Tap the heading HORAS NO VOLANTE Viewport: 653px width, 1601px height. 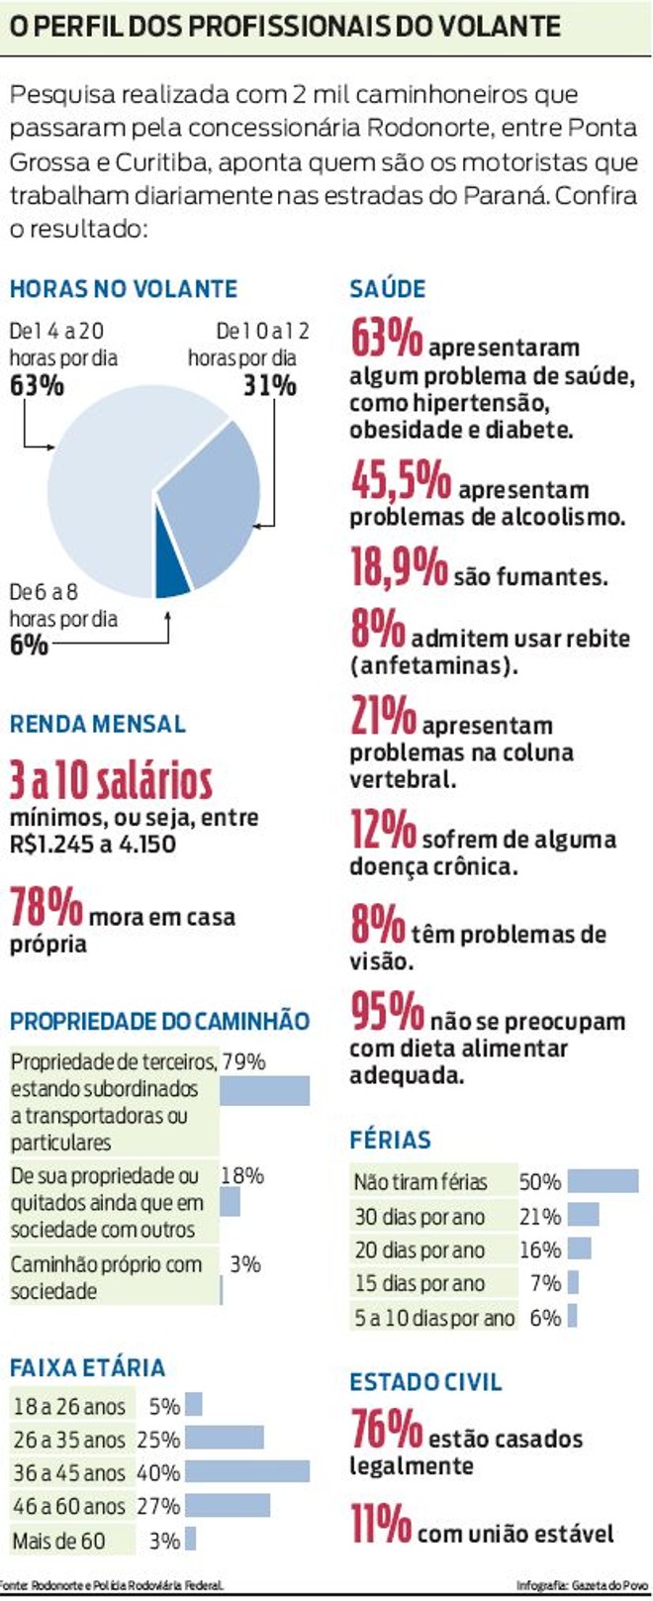coord(124,289)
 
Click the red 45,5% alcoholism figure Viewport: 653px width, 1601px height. coord(401,482)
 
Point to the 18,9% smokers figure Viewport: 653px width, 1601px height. coord(399,567)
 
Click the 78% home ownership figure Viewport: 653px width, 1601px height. coord(46,907)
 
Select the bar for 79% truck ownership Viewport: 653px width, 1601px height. coord(264,1090)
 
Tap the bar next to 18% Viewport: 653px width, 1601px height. coord(230,1202)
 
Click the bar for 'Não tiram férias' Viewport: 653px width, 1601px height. coord(603,1181)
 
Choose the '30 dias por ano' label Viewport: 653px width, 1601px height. coord(420,1216)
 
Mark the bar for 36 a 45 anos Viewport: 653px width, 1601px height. coord(247,1471)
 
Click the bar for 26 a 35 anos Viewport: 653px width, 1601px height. coord(225,1438)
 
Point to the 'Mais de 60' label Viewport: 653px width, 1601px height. coord(58,1541)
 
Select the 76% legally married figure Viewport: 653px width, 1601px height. coord(387,1429)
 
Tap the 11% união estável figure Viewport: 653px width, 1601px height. coord(380,1524)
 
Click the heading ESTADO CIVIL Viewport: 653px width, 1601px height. coord(425,1382)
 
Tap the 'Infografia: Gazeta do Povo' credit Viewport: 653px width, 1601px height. coord(582,1586)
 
